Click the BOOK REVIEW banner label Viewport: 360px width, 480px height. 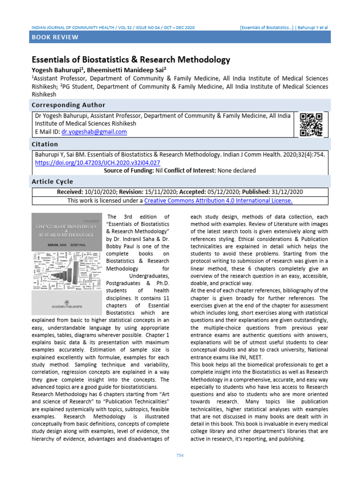55,37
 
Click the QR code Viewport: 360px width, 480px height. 311,125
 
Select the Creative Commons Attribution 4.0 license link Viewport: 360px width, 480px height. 218,201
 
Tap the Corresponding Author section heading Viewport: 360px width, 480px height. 68,105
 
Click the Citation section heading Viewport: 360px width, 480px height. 45,144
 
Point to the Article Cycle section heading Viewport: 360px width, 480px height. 52,181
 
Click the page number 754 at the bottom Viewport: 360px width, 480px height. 180,456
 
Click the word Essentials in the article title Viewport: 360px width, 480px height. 52,60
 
